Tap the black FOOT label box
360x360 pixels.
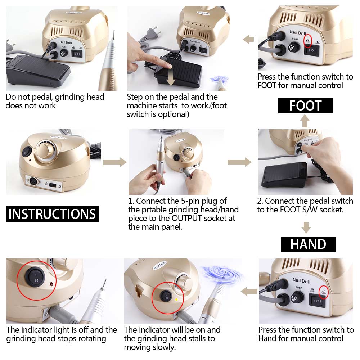point(305,106)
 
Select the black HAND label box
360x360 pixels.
point(308,244)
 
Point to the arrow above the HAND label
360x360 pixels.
point(306,227)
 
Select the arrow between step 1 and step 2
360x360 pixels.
point(239,162)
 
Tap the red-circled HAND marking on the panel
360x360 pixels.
point(323,293)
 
